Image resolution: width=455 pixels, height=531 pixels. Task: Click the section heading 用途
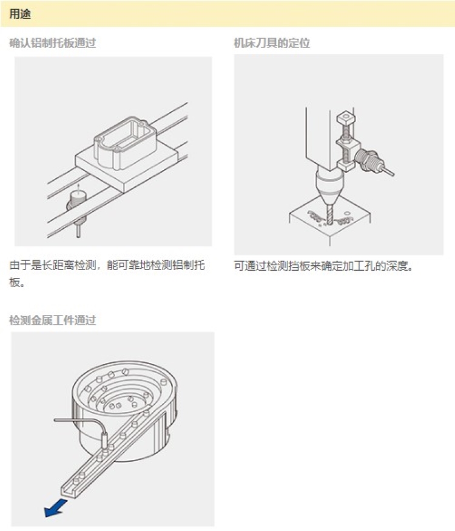tap(20, 14)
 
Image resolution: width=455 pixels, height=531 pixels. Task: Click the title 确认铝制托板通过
tap(52, 43)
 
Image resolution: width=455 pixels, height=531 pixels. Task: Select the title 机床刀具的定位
tap(272, 43)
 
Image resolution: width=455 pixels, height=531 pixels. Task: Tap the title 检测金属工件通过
tap(52, 320)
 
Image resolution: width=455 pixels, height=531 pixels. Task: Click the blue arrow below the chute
tap(55, 507)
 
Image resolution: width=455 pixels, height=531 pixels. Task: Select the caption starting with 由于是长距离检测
tap(107, 273)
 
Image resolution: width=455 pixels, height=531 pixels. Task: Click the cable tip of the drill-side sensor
tap(393, 174)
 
